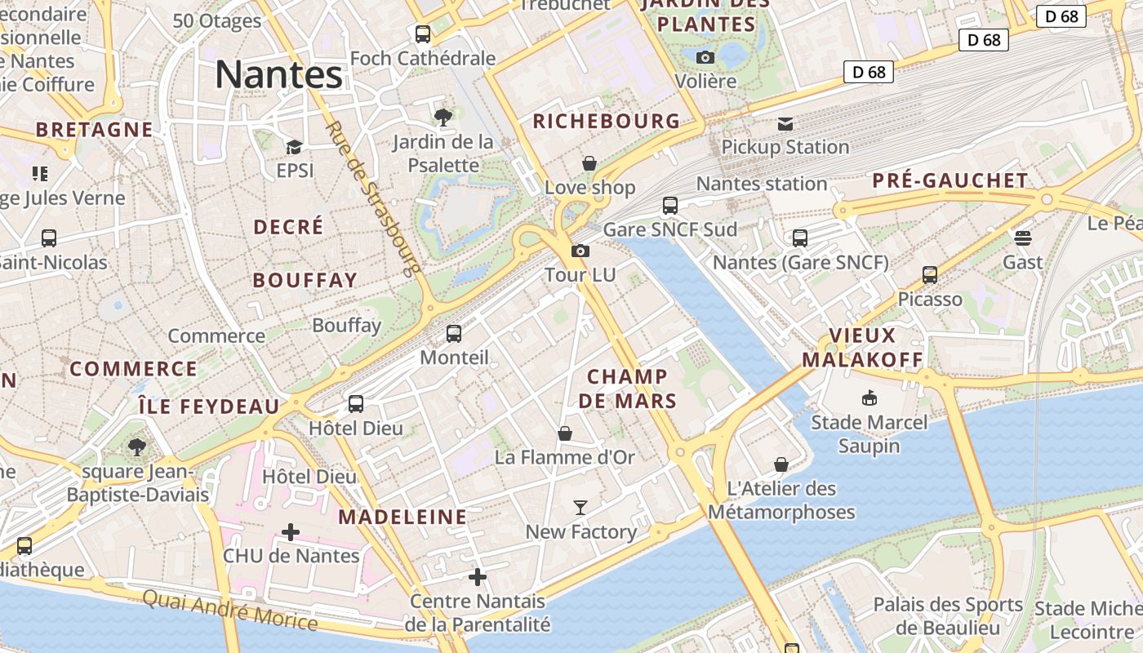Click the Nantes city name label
[278, 75]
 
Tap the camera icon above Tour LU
[580, 251]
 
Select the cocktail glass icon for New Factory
[580, 508]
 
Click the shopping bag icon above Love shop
[589, 164]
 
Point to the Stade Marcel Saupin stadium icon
[869, 398]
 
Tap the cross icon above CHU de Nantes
[290, 532]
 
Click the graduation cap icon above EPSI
[294, 147]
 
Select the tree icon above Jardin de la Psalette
[443, 118]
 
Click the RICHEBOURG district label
[606, 122]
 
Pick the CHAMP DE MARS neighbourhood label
[627, 389]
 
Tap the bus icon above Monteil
[454, 334]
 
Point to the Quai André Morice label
[229, 610]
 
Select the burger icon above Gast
[1023, 238]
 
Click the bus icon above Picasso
[930, 275]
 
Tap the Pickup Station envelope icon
[785, 124]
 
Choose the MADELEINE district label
[402, 517]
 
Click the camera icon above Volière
[705, 57]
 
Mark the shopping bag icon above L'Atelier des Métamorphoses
[781, 464]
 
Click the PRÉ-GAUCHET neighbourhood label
[950, 180]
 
